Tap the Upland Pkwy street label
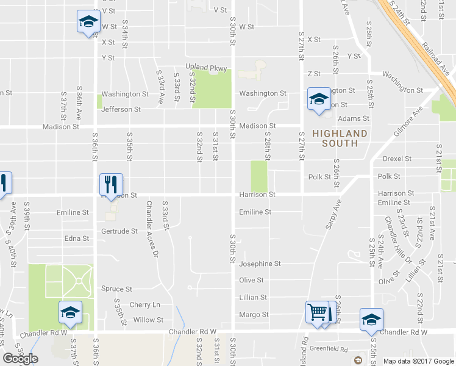click(x=206, y=67)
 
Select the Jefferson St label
click(x=121, y=110)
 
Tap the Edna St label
click(x=77, y=239)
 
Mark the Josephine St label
click(x=260, y=264)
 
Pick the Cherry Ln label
click(x=144, y=304)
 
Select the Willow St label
click(x=148, y=320)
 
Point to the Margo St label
click(x=254, y=315)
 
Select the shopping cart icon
click(x=318, y=312)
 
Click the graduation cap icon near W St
click(x=88, y=21)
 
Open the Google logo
click(x=20, y=359)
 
